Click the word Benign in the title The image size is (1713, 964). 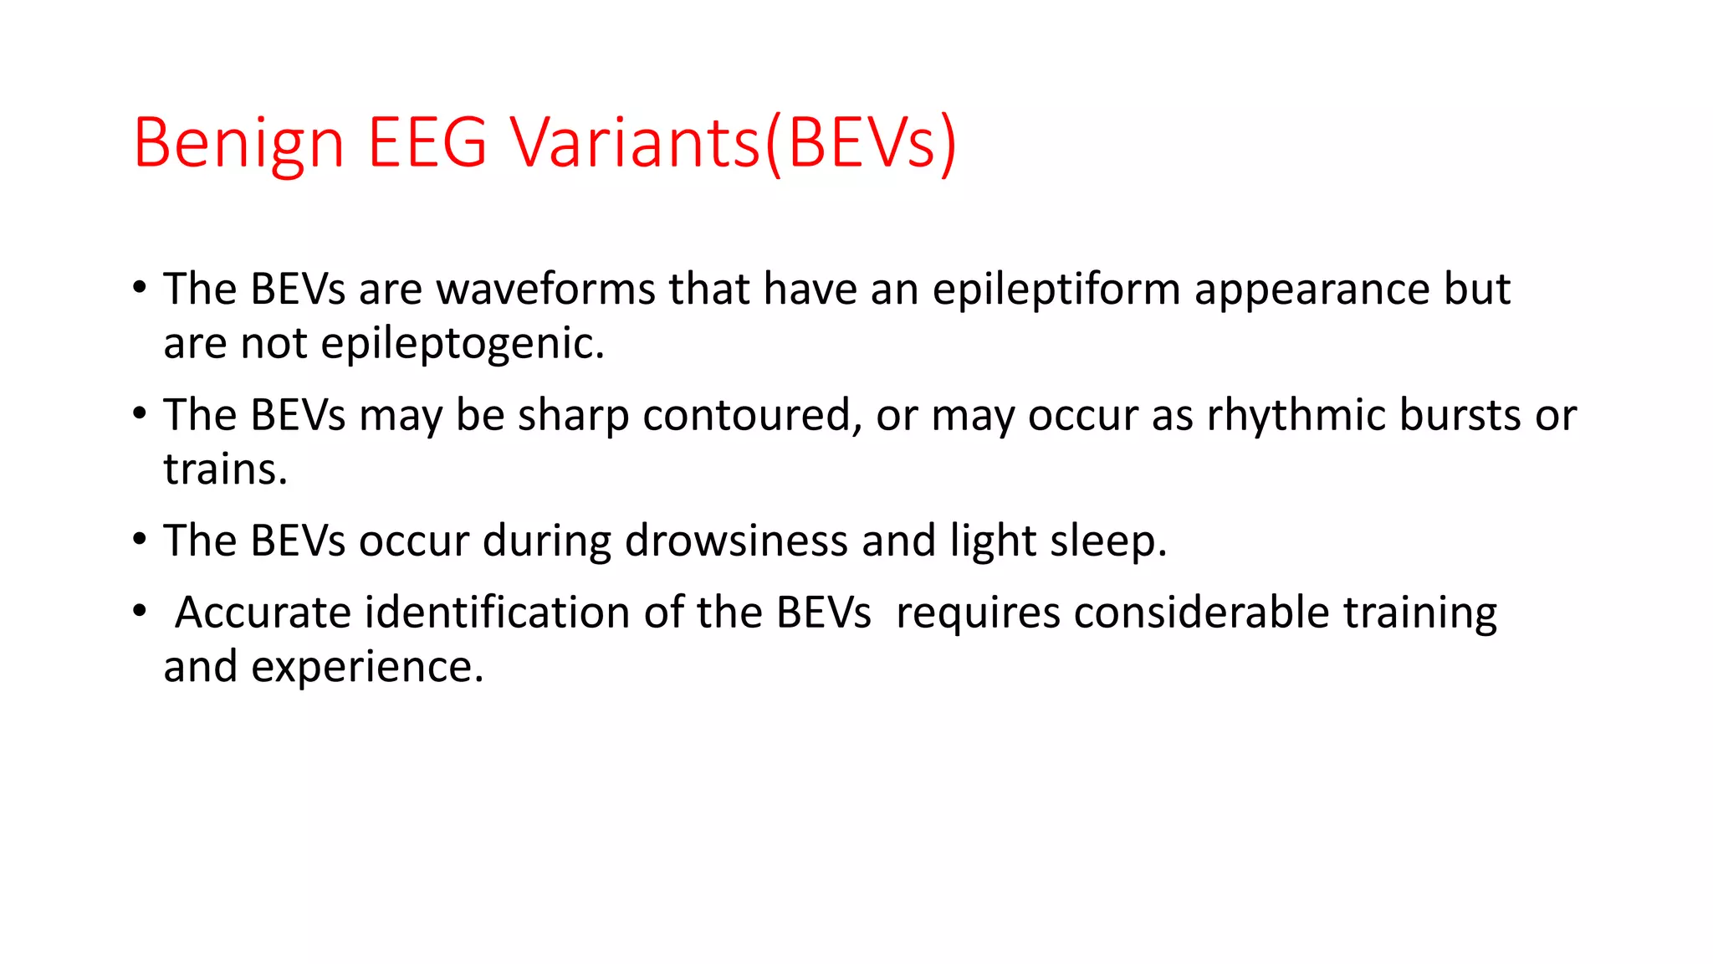coord(238,142)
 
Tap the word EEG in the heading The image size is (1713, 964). coord(427,142)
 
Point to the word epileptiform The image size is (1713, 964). coord(1056,291)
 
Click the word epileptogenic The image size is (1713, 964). coord(462,344)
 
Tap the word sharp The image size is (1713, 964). coord(573,416)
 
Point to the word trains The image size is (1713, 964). coord(225,469)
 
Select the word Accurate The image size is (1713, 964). coord(263,613)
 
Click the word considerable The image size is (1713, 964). coord(1201,613)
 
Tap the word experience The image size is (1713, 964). coord(367,668)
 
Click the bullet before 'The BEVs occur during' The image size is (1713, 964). coord(140,539)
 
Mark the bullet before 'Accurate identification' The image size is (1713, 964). coord(140,611)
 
